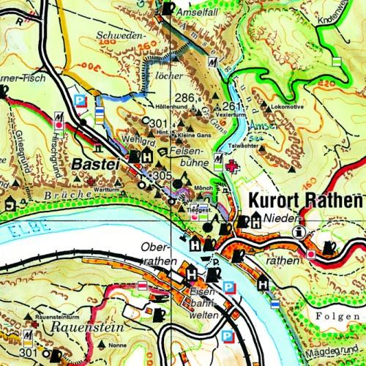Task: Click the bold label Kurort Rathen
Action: point(305,201)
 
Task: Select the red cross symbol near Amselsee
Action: point(233,168)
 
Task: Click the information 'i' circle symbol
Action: point(298,232)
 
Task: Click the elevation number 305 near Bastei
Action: point(163,177)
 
